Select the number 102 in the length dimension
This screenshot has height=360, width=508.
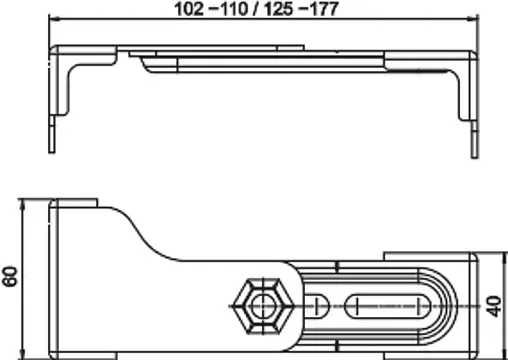tap(187, 9)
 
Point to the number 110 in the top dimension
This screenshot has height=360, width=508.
tap(233, 9)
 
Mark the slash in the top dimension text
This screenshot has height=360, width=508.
tap(258, 9)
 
